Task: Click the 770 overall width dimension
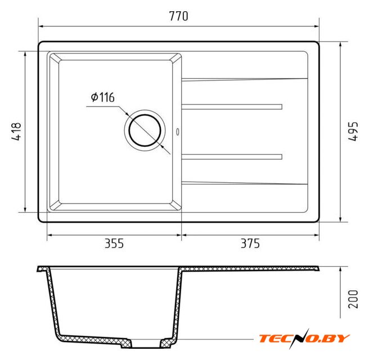179,16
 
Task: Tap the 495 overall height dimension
353,131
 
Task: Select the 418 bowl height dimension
16,131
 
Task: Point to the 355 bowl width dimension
114,244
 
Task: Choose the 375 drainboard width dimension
250,244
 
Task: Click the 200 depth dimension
353,299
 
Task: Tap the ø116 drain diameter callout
102,97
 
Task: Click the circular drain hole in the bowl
145,130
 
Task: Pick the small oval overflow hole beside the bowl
178,132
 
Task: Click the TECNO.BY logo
304,339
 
